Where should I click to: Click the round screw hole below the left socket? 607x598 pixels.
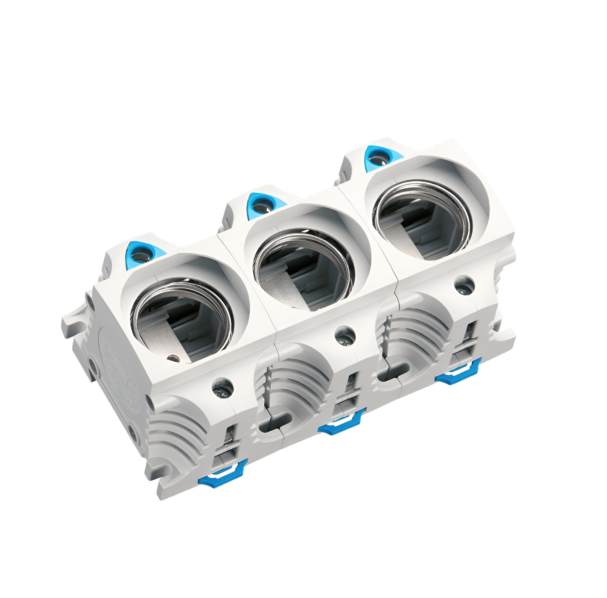pos(222,387)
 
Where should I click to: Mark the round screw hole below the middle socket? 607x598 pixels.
pos(344,335)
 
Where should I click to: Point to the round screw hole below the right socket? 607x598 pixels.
pos(464,285)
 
